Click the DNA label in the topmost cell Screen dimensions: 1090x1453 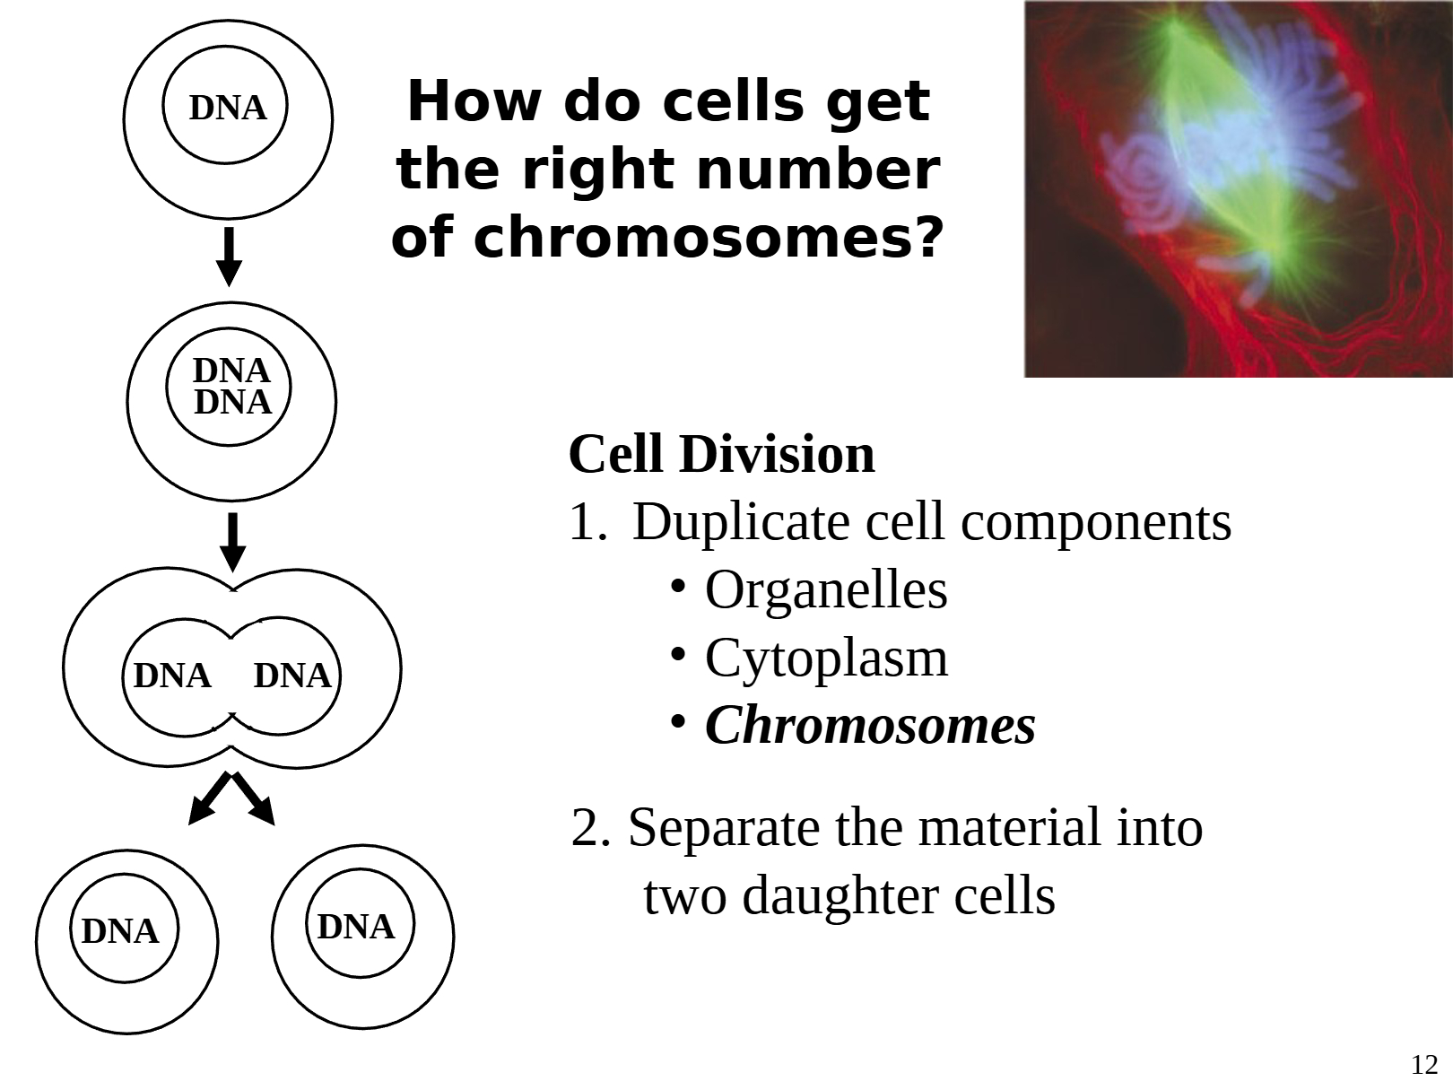click(x=228, y=108)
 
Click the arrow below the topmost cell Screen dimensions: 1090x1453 click(x=230, y=257)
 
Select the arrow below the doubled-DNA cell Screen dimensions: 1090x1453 click(x=232, y=542)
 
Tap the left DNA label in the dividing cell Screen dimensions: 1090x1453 click(x=172, y=676)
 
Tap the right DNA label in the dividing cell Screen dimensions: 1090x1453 click(x=292, y=676)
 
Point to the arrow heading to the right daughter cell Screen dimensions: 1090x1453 click(x=255, y=800)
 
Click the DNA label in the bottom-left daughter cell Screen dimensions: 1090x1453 click(x=120, y=932)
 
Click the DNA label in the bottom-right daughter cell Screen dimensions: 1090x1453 click(x=356, y=927)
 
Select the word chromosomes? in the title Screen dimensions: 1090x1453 click(x=709, y=239)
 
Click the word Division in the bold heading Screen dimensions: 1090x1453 click(x=777, y=454)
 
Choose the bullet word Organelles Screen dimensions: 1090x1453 click(x=826, y=590)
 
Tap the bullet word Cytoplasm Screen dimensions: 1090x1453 click(x=826, y=658)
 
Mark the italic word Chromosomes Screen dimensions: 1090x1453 click(x=870, y=726)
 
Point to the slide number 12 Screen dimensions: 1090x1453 click(x=1424, y=1065)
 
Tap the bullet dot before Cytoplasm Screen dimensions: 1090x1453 click(x=679, y=654)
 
